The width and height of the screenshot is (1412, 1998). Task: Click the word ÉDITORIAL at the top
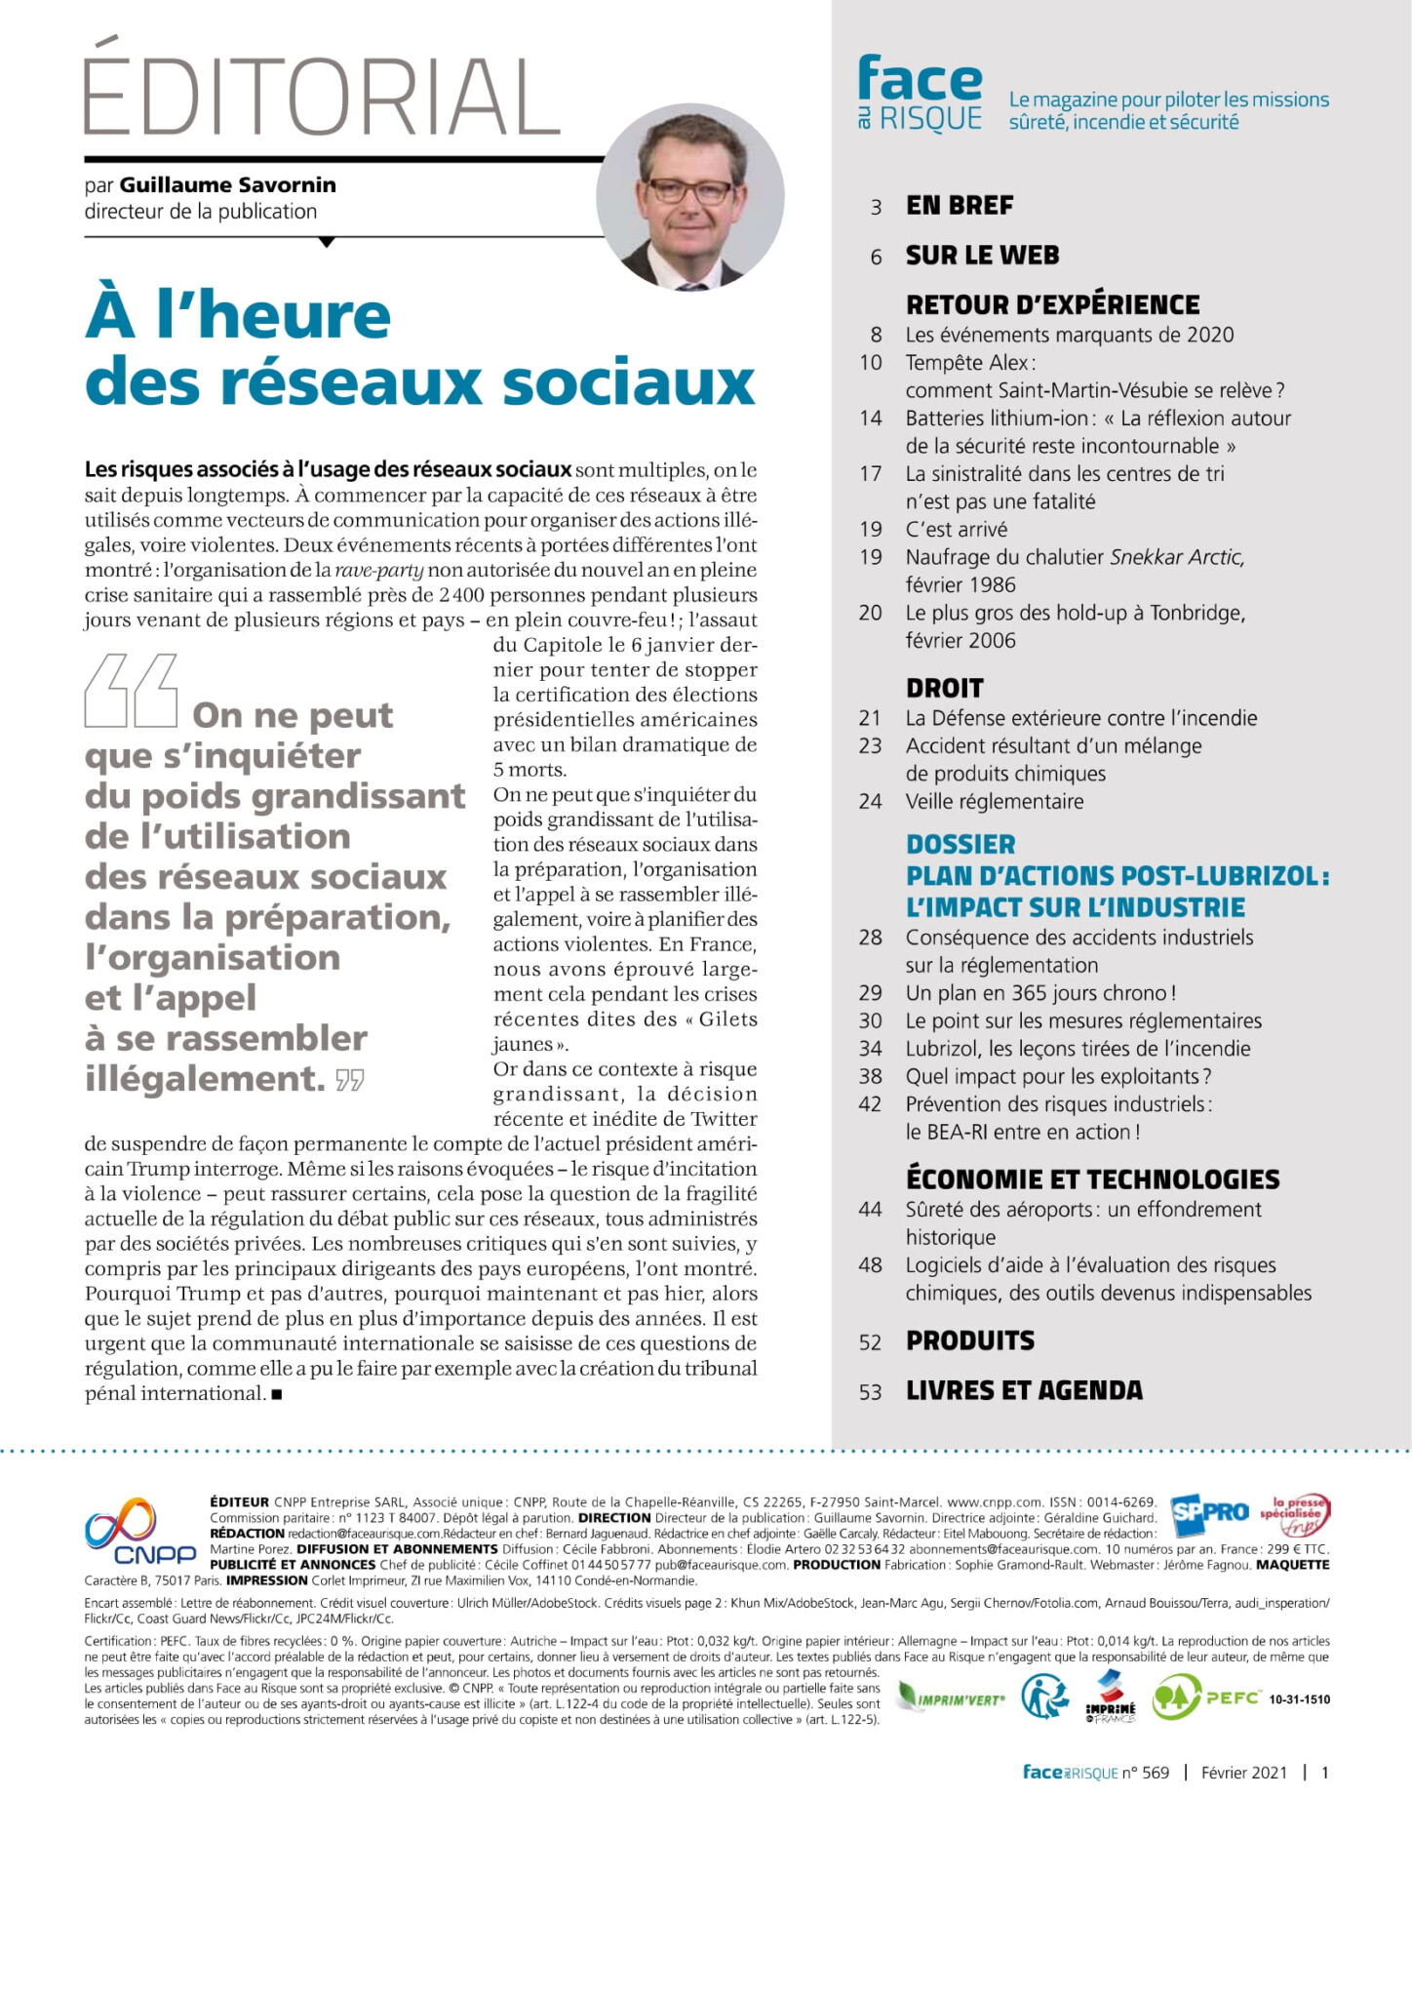(x=322, y=95)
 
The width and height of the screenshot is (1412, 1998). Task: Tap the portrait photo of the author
(x=689, y=195)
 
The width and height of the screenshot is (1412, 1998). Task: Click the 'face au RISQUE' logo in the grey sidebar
(x=920, y=95)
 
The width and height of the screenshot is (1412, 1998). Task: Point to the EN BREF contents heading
(x=960, y=206)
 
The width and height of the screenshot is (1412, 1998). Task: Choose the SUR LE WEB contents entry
(x=982, y=256)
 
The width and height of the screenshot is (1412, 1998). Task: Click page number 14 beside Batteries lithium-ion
(x=871, y=419)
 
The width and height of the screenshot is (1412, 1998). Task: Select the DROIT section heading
(x=944, y=688)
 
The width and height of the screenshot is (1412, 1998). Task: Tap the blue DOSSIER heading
(x=961, y=844)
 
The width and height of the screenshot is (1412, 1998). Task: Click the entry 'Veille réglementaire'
(x=995, y=802)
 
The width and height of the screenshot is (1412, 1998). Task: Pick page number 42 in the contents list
(x=871, y=1104)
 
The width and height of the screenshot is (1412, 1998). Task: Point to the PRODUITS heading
(x=970, y=1340)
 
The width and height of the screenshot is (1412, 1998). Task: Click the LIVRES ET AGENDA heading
(x=1024, y=1390)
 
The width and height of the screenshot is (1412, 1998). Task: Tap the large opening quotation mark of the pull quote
(x=131, y=692)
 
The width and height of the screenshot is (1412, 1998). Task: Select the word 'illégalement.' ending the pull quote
(x=205, y=1079)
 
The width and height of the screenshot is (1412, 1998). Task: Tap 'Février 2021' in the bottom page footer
(x=1243, y=1773)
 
